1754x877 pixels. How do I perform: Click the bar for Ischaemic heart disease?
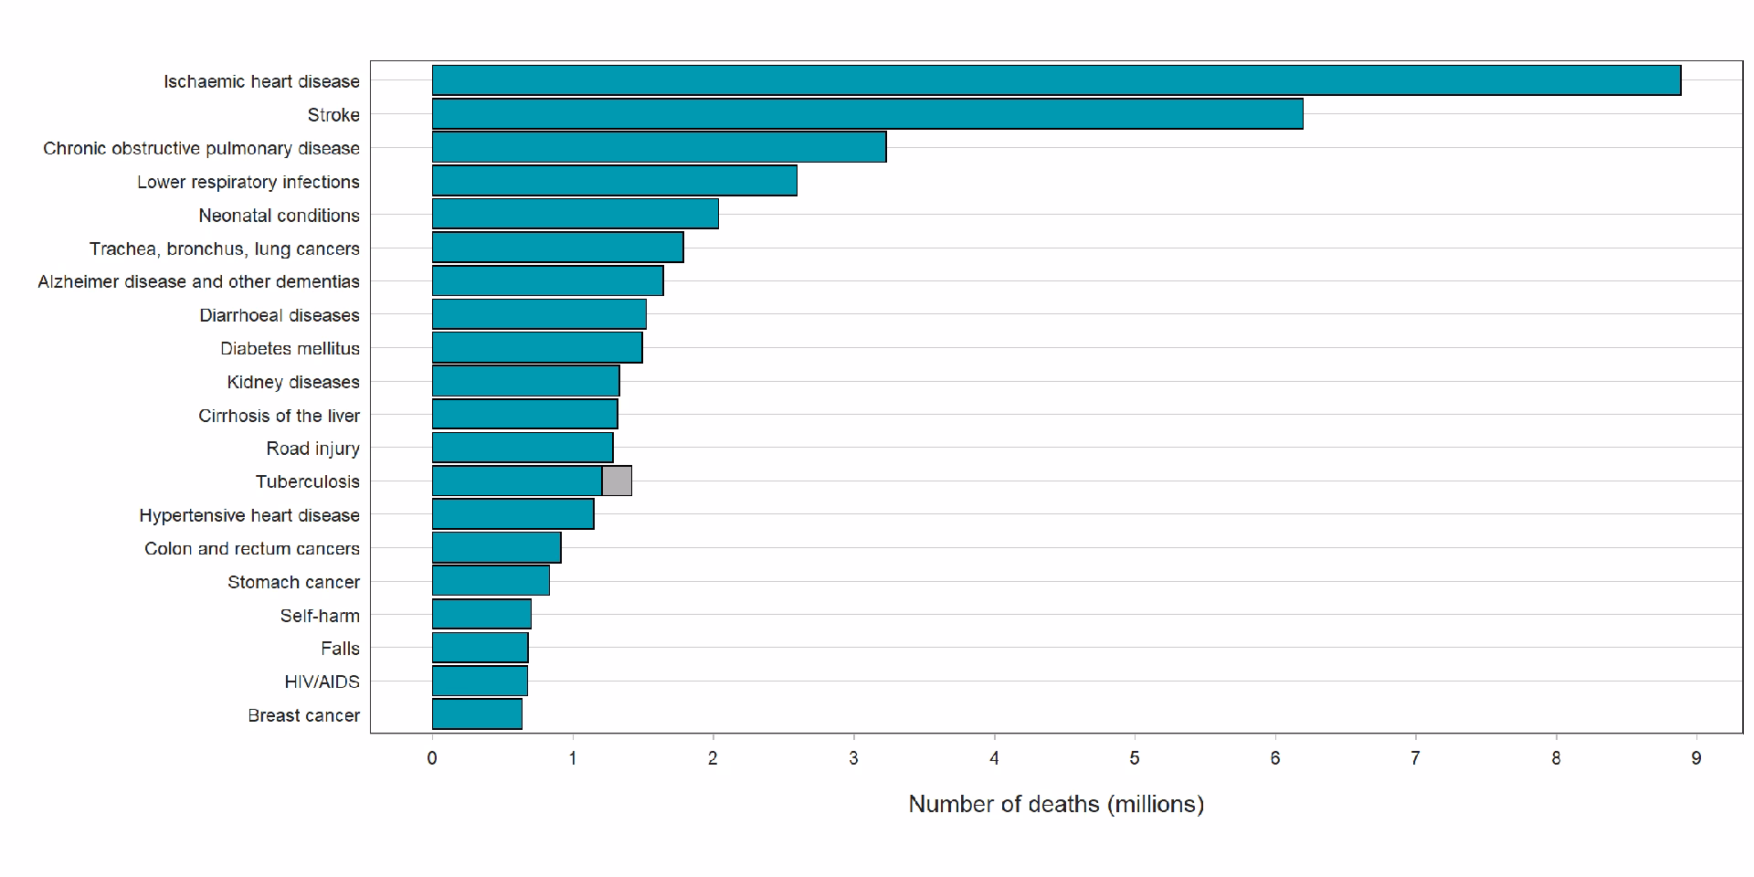pos(1056,80)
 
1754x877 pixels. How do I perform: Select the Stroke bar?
pos(867,114)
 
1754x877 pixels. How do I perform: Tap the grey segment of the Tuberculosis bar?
pos(617,481)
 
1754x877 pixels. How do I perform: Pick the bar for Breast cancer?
pos(477,714)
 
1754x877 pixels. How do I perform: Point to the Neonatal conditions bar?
pos(575,214)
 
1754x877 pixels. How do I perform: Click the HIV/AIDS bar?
pos(480,681)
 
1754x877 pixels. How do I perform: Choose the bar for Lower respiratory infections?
pos(614,181)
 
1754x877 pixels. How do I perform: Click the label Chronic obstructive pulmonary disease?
pos(201,148)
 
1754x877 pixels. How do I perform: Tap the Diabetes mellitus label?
pos(290,348)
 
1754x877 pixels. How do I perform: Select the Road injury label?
pos(312,449)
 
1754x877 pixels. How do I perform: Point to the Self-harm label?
pos(320,616)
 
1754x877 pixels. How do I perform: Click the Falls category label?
pos(340,649)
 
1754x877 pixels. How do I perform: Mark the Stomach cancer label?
pos(293,582)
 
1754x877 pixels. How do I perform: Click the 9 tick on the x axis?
pos(1696,758)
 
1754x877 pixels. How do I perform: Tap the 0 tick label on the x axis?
pos(432,758)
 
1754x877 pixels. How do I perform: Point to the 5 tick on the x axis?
pos(1135,758)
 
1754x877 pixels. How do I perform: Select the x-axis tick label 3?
pos(853,758)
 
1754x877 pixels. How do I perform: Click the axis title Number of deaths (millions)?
pos(1056,804)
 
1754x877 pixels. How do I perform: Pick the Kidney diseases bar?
pos(525,381)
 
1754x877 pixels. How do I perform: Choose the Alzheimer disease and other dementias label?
pos(198,281)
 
